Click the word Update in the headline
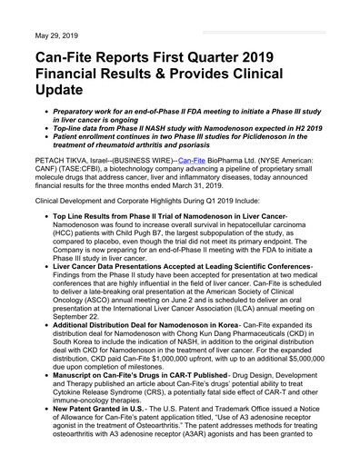tap(66, 94)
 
